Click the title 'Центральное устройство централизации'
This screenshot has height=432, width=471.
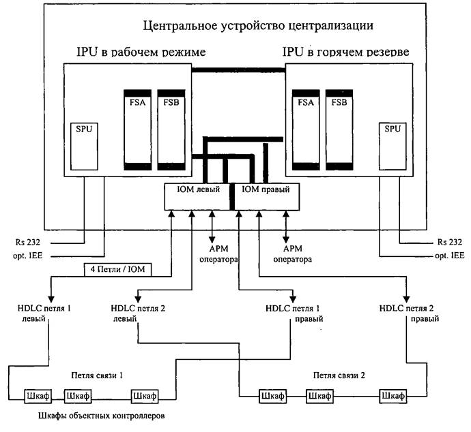coord(259,27)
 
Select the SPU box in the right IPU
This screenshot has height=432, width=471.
coord(390,146)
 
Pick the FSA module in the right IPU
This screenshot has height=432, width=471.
coord(304,129)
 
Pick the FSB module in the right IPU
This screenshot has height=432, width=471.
coord(338,129)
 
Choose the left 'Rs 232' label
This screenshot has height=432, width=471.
coord(27,241)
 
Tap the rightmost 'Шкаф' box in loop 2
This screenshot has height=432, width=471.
coord(394,395)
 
